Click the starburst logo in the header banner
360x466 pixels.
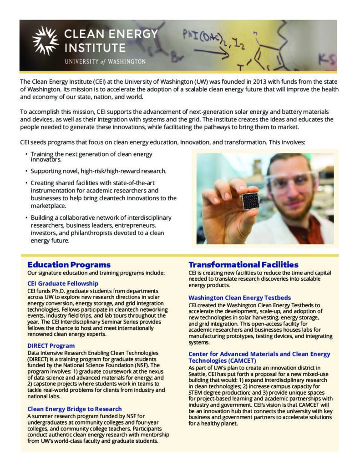46,41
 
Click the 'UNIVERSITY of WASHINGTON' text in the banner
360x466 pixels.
105,61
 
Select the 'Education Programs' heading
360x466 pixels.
69,265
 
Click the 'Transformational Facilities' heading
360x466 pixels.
243,265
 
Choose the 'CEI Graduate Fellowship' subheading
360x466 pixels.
63,284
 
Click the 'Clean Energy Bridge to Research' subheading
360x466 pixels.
75,409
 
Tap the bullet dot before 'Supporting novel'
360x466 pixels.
26,171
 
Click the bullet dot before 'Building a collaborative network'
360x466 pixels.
26,218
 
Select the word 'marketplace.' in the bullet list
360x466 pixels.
49,206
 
